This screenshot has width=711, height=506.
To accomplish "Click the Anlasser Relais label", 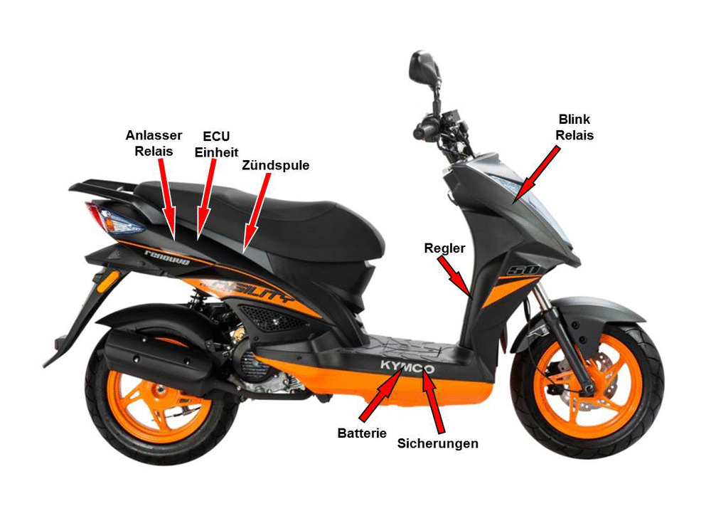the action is point(154,143).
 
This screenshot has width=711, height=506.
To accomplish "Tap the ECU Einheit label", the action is point(216,144).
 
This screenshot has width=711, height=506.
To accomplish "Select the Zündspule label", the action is point(275,164).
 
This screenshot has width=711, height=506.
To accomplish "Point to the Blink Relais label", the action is point(574,127).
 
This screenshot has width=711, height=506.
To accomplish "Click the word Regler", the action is point(444,248).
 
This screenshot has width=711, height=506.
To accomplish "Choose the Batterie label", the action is point(362,433).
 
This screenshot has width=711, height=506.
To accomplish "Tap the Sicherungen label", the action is point(437,443).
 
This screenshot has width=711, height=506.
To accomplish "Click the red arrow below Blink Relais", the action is point(536,175).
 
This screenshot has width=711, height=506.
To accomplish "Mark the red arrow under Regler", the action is point(455,276).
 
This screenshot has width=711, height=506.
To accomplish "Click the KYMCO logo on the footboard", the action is point(407,365).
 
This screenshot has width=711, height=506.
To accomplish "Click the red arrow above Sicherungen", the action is point(432,399).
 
